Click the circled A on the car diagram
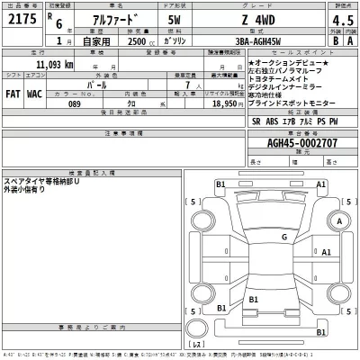(339, 220)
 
